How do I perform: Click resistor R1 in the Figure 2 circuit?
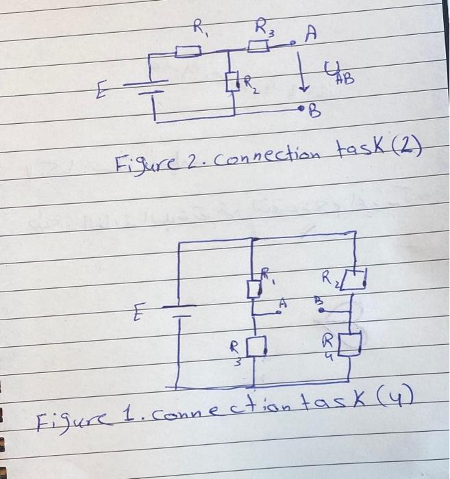187,50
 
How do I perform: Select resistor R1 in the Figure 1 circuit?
254,288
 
